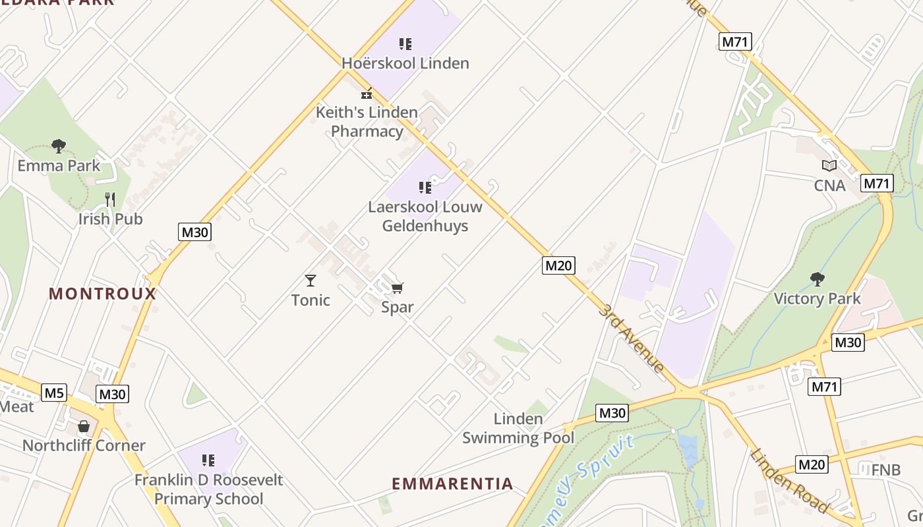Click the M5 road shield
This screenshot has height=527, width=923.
tap(54, 393)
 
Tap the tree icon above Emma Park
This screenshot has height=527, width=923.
tap(59, 146)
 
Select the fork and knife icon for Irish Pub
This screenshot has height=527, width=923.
tap(110, 199)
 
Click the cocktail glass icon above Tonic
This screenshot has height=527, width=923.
tap(311, 281)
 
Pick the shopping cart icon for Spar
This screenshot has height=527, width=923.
tap(397, 288)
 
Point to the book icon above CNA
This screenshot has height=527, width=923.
tap(829, 166)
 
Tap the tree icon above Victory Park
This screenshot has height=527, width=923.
tap(818, 279)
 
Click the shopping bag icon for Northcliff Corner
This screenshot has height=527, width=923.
tap(84, 426)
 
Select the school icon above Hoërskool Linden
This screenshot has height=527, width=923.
tap(405, 44)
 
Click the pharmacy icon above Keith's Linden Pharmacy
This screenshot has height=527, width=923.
tap(367, 94)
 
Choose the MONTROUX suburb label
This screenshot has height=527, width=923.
tap(103, 294)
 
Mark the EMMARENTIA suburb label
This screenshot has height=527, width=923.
tap(452, 484)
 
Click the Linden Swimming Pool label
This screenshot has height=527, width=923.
tap(518, 428)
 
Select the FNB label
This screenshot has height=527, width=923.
tap(885, 470)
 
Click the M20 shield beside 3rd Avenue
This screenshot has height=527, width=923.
tap(558, 265)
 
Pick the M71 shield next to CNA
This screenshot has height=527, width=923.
tap(877, 183)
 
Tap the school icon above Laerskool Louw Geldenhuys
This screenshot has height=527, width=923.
tap(425, 188)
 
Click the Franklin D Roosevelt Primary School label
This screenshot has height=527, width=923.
tap(208, 489)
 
